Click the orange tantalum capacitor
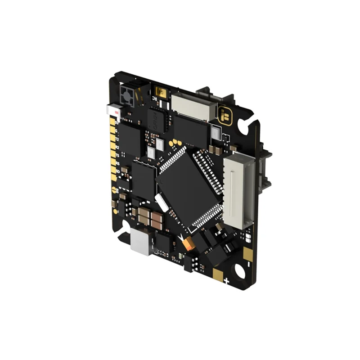click(x=189, y=244)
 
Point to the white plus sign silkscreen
click(x=226, y=282)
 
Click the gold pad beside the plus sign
click(x=218, y=275)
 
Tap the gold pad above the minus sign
click(x=247, y=254)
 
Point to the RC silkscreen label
click(x=155, y=96)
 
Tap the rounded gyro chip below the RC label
click(x=157, y=119)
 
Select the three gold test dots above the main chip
click(x=175, y=144)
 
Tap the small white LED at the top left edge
click(x=112, y=109)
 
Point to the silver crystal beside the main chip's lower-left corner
click(x=161, y=202)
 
